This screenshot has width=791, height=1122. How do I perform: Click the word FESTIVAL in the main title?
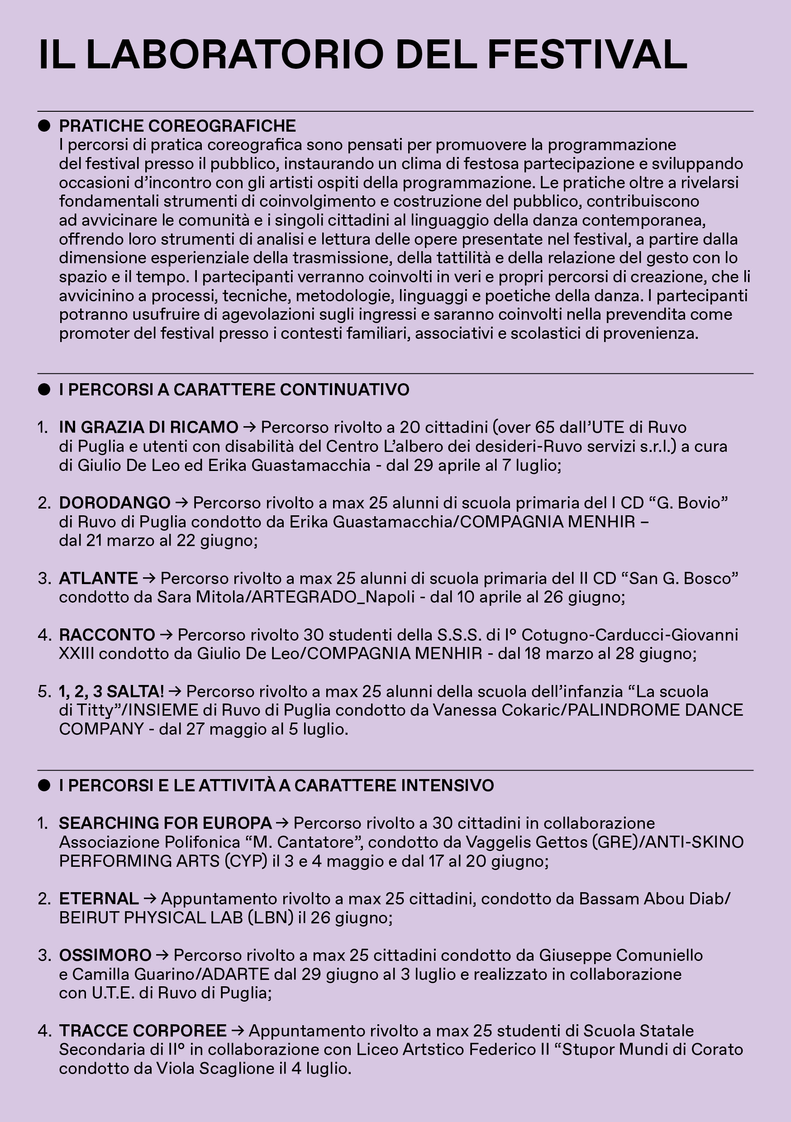[587, 55]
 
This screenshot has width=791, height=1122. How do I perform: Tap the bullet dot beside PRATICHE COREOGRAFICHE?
[44, 126]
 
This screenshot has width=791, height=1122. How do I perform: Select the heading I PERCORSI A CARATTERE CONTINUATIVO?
[234, 390]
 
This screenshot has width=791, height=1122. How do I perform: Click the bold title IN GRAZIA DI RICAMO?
[148, 427]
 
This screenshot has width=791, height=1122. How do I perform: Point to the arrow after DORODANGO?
[181, 503]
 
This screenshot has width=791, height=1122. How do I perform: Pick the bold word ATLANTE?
[98, 578]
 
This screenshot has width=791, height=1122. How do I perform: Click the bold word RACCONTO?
[107, 635]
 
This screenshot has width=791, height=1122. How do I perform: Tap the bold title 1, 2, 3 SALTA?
[111, 691]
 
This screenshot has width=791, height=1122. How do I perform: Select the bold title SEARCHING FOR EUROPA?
[165, 823]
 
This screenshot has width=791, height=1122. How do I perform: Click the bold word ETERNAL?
[99, 899]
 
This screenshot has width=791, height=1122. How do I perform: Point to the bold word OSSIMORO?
[105, 955]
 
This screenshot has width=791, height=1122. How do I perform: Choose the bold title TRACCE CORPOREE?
[143, 1031]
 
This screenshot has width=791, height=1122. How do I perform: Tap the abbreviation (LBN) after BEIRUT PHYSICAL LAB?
[270, 918]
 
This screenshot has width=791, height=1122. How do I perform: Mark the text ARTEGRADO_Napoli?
[333, 597]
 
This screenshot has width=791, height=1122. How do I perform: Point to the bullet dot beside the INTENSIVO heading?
[44, 785]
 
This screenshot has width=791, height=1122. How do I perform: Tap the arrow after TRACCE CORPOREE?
[238, 1031]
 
